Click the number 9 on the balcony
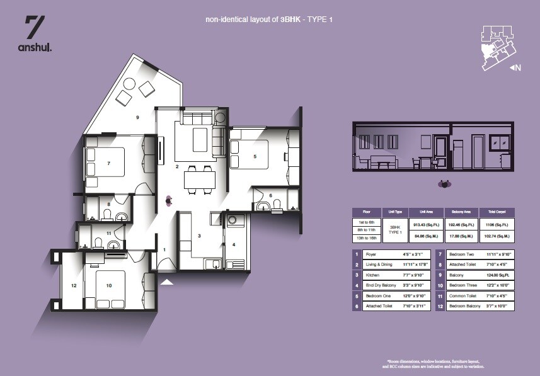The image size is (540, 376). (x=137, y=117)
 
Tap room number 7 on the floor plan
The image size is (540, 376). (x=109, y=163)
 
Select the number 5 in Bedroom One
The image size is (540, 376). (x=255, y=156)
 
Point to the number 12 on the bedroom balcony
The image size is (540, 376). (x=74, y=286)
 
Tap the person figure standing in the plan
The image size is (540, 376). (x=169, y=200)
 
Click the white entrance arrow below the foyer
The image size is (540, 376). (x=166, y=282)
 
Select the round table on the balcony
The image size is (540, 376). (x=130, y=84)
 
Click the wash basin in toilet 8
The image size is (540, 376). (x=122, y=218)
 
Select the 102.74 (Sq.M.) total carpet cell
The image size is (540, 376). (x=497, y=238)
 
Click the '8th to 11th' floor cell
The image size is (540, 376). (x=367, y=231)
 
